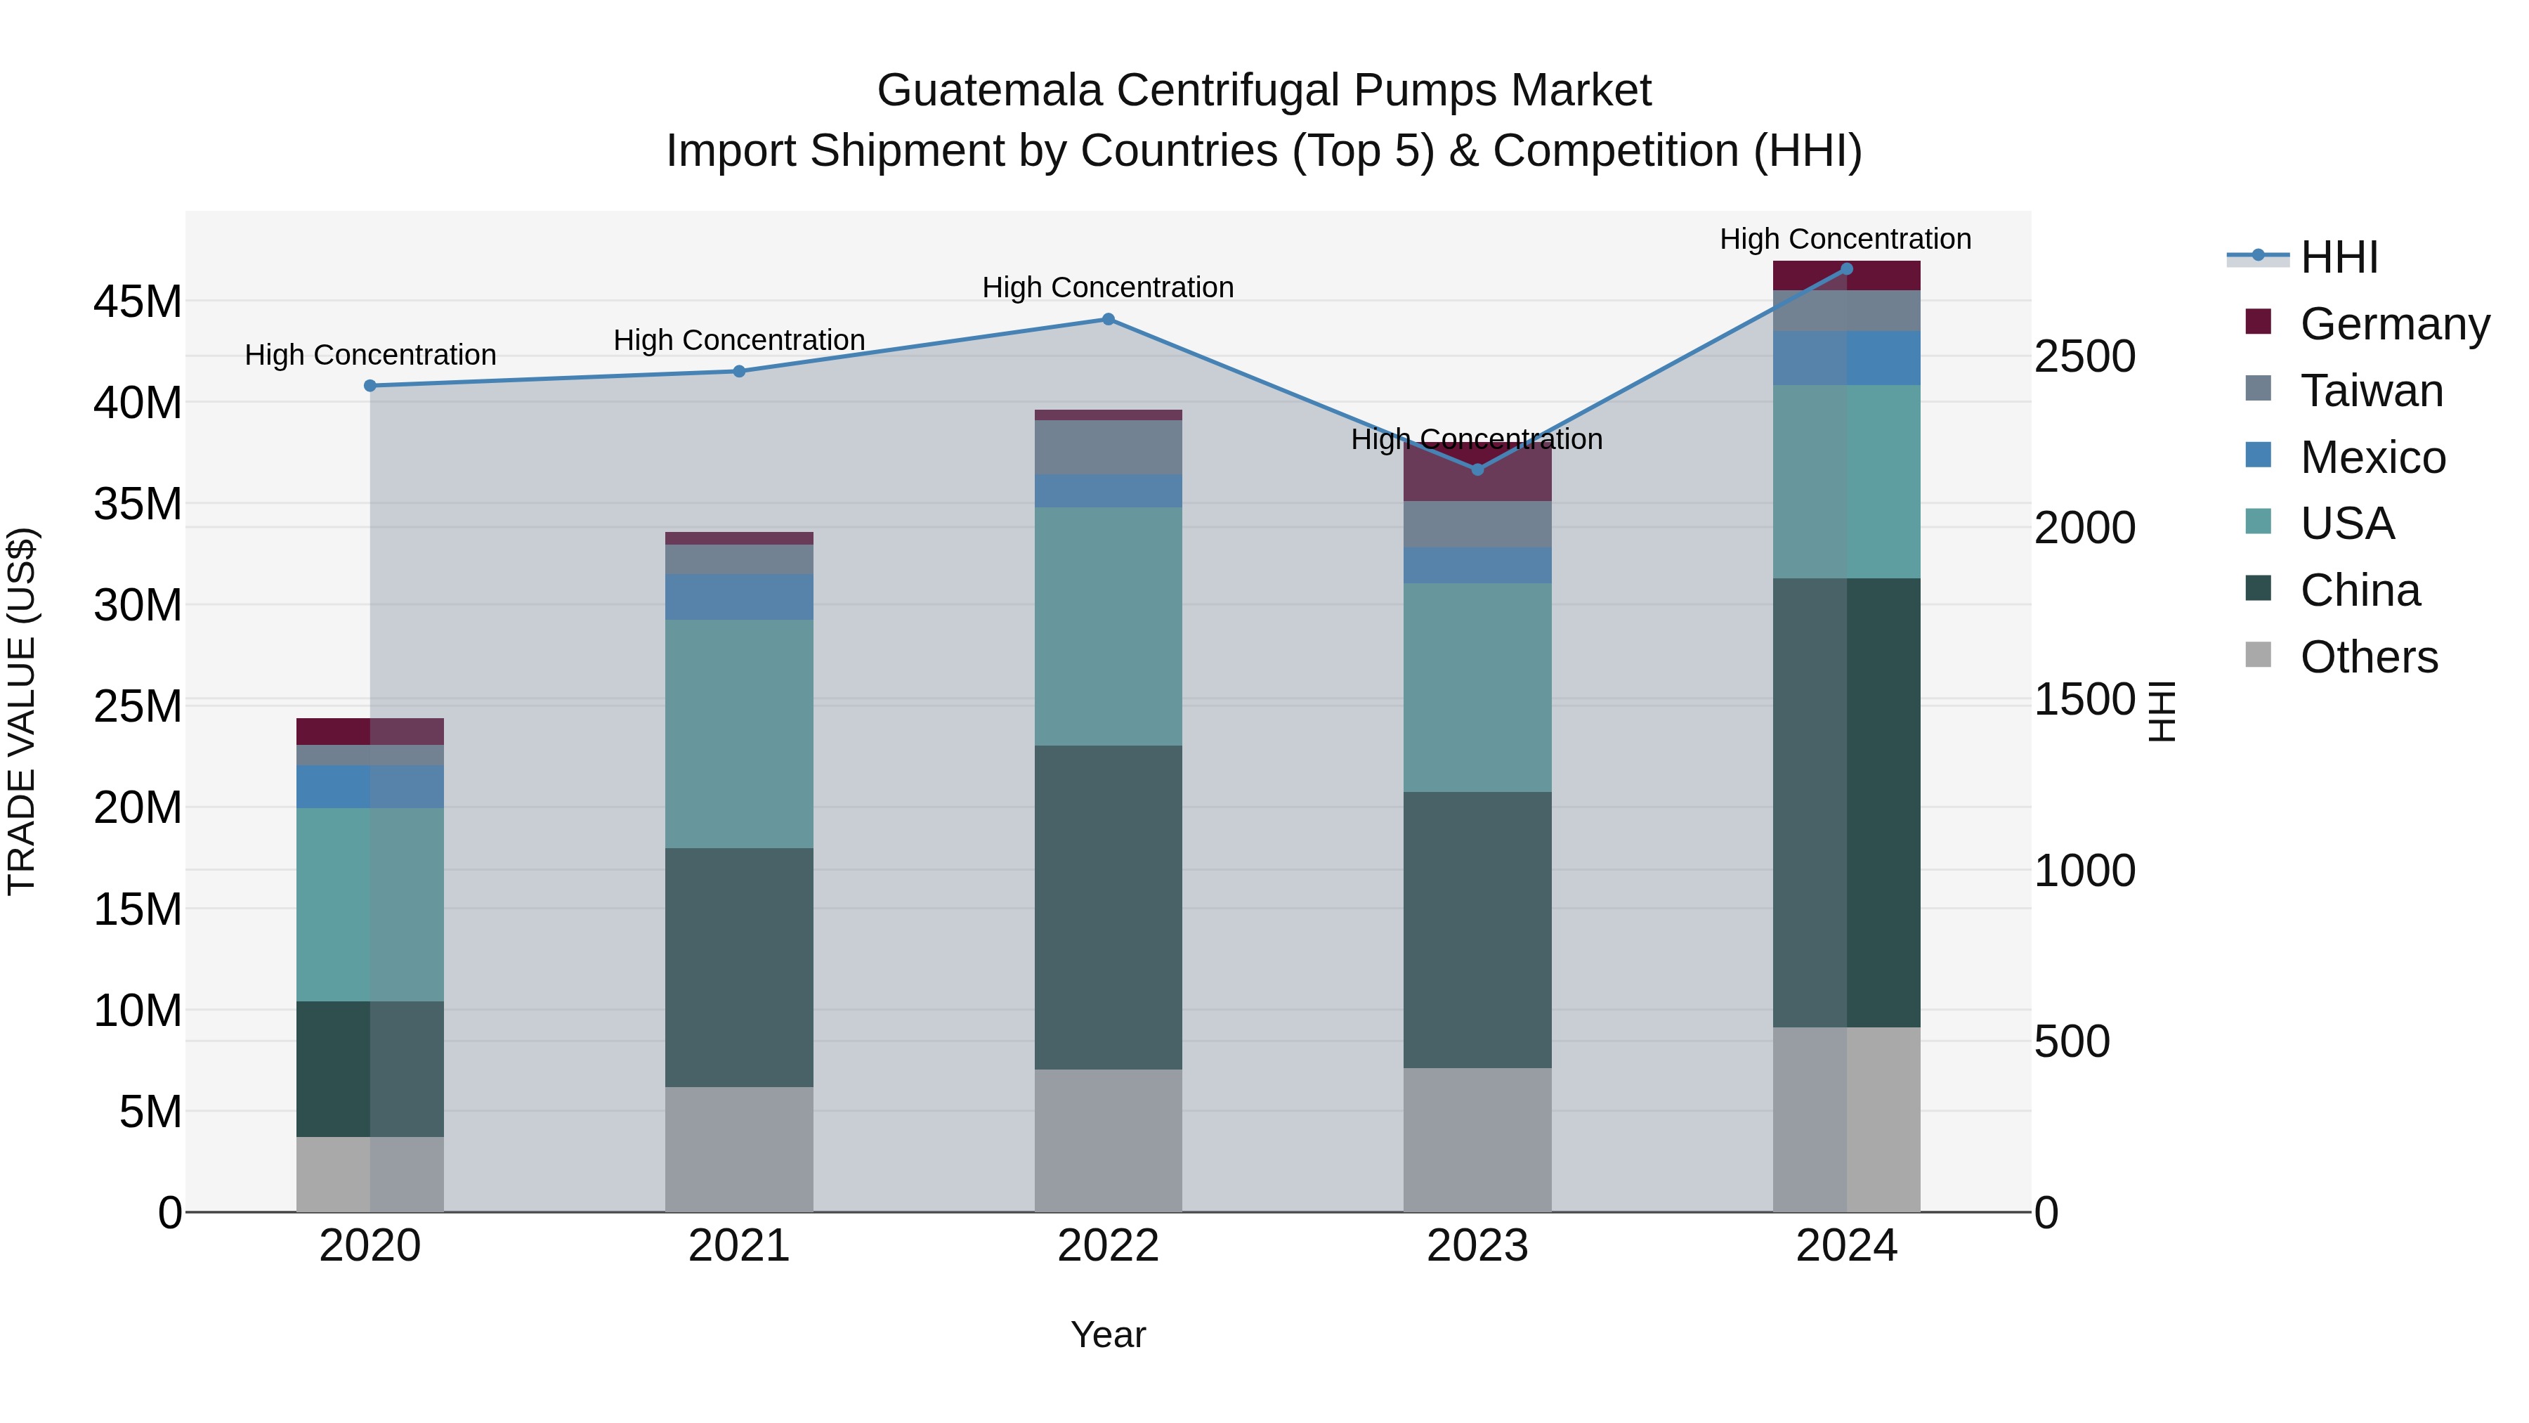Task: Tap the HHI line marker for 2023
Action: tap(1477, 469)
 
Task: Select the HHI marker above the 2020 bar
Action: tap(370, 386)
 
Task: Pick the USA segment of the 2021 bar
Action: tap(738, 734)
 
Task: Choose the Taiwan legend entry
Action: tap(2370, 391)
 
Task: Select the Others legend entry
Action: tap(2368, 657)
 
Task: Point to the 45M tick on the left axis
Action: tap(138, 301)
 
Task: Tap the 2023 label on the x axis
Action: tap(1477, 1246)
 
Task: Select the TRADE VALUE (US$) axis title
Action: tap(22, 711)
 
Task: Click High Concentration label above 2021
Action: tap(738, 340)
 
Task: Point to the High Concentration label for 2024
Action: tap(1845, 239)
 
